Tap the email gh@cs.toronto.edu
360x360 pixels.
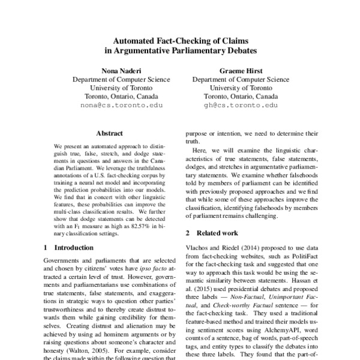pyautogui.click(x=241, y=104)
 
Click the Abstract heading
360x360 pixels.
pyautogui.click(x=109, y=133)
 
